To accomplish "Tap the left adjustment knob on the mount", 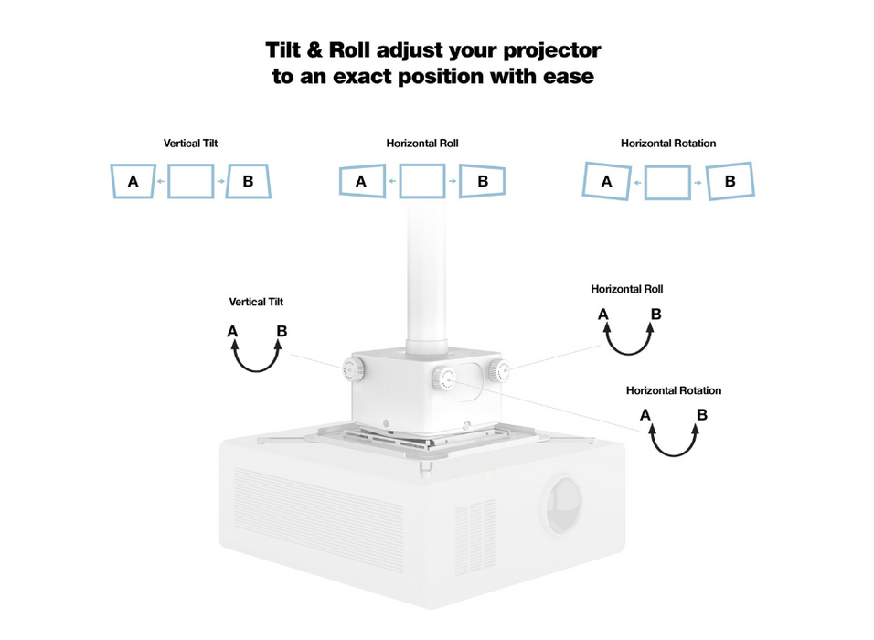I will point(353,369).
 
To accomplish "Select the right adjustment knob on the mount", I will point(498,369).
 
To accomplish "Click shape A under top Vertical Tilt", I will point(133,181).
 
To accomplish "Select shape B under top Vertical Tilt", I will point(249,181).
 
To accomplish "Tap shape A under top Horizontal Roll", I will point(361,181).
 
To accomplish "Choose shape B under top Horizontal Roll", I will point(482,181).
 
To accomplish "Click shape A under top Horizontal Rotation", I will point(606,181).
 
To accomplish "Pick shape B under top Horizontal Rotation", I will point(730,181).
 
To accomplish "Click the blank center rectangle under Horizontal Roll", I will point(422,181).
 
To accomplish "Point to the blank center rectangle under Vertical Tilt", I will point(191,181).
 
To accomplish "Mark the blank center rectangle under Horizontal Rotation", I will point(667,181).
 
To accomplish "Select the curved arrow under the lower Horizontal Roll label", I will point(629,340).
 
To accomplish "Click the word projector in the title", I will point(555,49).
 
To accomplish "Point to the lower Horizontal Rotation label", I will point(673,390).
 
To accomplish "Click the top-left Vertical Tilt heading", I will point(190,144).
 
